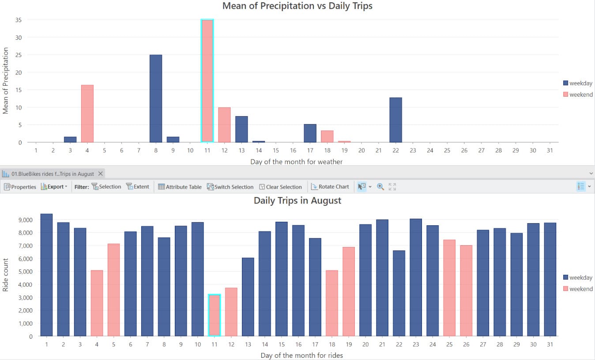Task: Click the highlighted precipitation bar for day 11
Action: pos(207,81)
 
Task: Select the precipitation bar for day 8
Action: pos(156,99)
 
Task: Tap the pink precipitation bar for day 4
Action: pos(87,114)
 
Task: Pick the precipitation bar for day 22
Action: pos(395,120)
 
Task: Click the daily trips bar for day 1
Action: pos(46,275)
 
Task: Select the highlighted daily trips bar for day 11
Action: pos(215,315)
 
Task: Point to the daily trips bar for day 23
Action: pos(416,277)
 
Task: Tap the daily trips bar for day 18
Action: pos(332,303)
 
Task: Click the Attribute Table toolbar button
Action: pos(180,187)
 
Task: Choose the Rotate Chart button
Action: pos(330,187)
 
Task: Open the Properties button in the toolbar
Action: pos(20,187)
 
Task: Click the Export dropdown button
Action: pos(54,187)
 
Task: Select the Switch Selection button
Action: pos(230,187)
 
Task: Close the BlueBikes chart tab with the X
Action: pos(101,174)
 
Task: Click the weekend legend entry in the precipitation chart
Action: pos(578,95)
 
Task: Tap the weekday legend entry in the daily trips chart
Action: pos(578,277)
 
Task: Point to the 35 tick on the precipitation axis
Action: pos(19,20)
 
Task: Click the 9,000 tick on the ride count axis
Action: pos(25,220)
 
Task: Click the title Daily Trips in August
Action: pos(297,201)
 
